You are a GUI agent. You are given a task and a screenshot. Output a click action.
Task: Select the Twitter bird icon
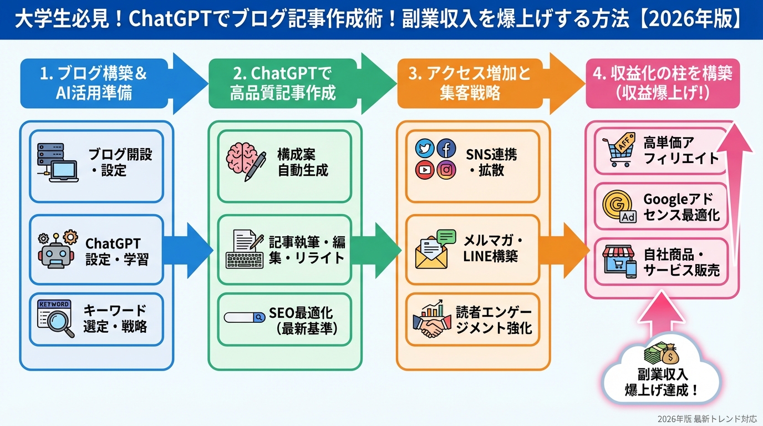coord(425,149)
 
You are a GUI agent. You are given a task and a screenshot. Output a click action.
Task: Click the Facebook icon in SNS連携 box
coord(446,149)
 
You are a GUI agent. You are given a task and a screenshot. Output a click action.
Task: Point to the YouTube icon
coord(425,170)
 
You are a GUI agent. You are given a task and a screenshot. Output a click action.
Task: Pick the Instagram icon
coord(446,170)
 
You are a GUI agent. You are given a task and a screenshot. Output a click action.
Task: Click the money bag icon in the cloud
coord(660,354)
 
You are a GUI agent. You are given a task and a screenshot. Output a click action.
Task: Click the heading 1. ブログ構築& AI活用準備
coord(94,83)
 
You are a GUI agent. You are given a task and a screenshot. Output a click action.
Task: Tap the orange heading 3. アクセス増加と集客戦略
coord(470,83)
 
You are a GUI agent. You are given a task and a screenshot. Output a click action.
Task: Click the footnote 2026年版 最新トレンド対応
coord(707,419)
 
